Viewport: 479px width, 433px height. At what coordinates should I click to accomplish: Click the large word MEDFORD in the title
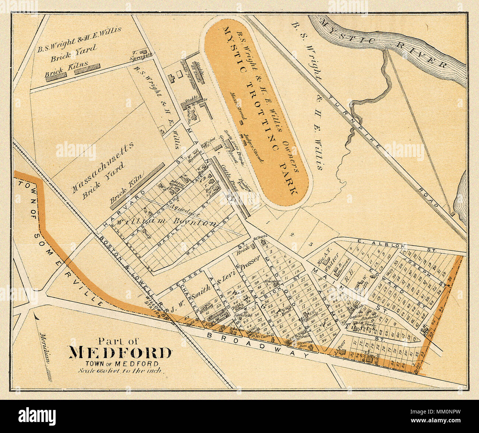click(x=120, y=353)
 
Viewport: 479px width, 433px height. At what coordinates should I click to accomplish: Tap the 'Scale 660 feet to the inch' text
click(x=120, y=371)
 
